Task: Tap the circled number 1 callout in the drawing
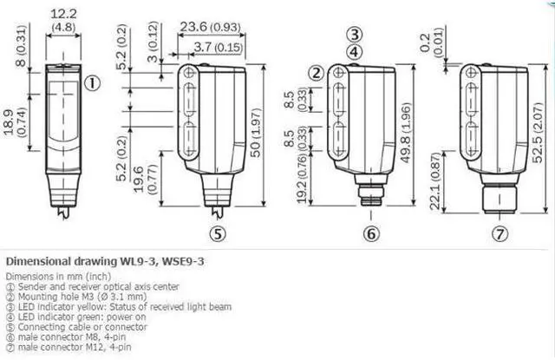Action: click(93, 83)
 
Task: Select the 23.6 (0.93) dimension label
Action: click(210, 27)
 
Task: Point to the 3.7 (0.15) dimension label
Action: click(219, 47)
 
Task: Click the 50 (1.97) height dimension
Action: click(256, 133)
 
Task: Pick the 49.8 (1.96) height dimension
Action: click(406, 133)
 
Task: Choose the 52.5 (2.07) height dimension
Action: click(538, 133)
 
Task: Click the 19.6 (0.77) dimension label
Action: click(145, 179)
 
